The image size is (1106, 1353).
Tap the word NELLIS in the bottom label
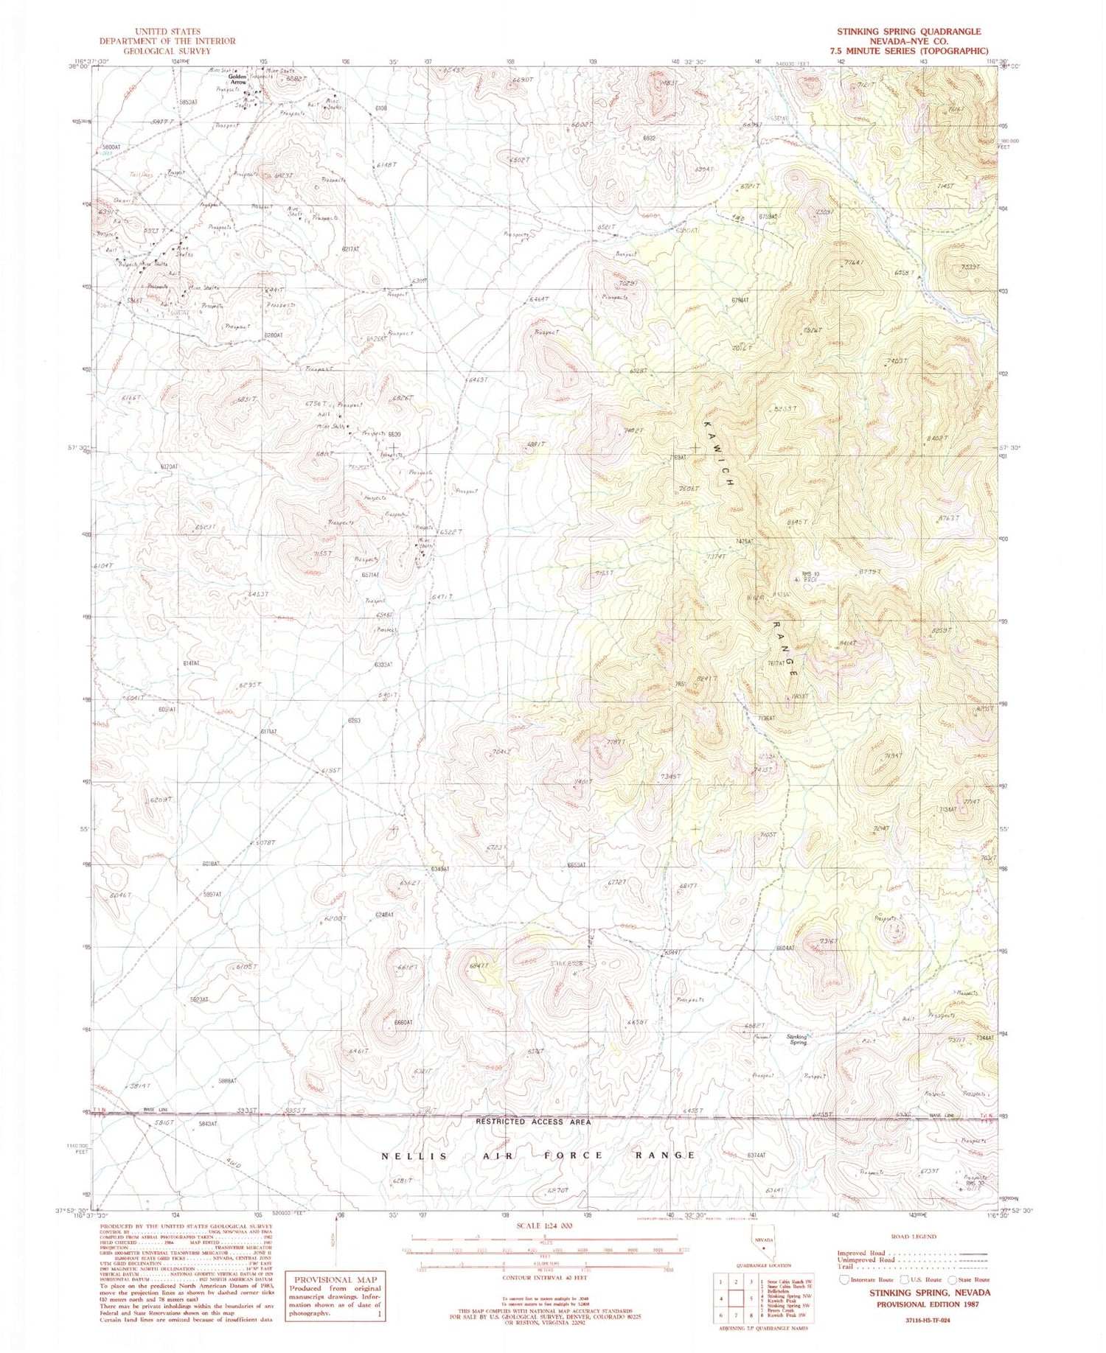[406, 1156]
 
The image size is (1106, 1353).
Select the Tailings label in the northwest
[129, 175]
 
